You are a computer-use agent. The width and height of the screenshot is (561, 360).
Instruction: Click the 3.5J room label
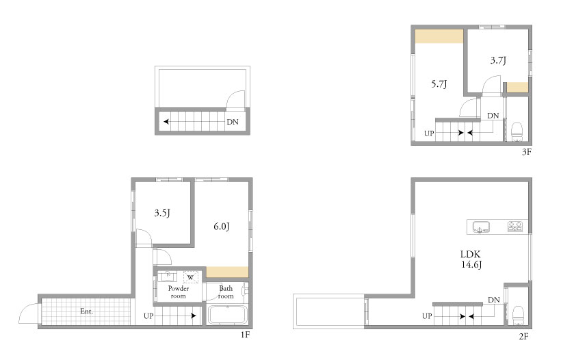click(162, 214)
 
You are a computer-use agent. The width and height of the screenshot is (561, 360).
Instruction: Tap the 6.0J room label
click(222, 227)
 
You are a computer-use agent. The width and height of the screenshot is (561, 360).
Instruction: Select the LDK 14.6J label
click(471, 259)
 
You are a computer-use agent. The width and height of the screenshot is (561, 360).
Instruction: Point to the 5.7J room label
click(439, 84)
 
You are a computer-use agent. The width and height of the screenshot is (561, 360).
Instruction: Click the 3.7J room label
click(498, 60)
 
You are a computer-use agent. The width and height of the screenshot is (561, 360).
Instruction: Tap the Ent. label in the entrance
click(87, 311)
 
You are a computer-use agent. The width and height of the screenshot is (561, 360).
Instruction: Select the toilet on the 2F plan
click(518, 316)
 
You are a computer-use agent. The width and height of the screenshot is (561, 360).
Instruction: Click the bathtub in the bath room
click(228, 315)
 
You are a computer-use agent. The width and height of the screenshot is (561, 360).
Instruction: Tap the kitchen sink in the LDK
click(481, 227)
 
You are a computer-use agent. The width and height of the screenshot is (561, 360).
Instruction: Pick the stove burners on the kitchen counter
click(515, 227)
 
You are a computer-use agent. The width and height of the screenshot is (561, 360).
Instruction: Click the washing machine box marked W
click(190, 278)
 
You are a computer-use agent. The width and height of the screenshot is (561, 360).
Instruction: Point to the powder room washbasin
click(168, 277)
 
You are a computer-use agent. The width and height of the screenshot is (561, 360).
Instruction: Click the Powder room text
click(178, 292)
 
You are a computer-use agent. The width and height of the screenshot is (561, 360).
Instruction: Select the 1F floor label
click(245, 335)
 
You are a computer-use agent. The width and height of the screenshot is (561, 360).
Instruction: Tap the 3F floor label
click(527, 152)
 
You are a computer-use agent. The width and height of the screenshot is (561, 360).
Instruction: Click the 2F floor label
click(524, 336)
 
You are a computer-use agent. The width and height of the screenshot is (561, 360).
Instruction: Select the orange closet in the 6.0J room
click(227, 272)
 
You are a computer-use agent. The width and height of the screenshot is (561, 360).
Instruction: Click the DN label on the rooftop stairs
click(233, 122)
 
